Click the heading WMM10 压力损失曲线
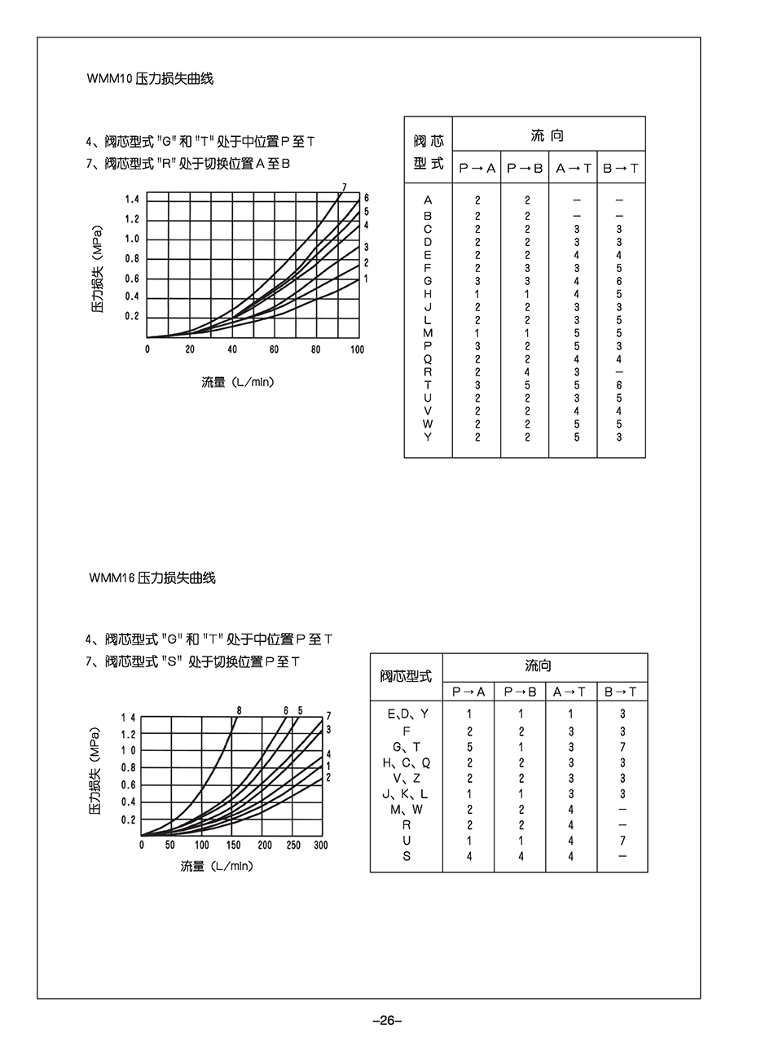pyautogui.click(x=150, y=79)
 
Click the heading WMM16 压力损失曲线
pyautogui.click(x=152, y=578)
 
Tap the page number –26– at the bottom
pyautogui.click(x=387, y=1021)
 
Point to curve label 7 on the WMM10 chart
pyautogui.click(x=345, y=187)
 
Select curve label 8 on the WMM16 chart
pyautogui.click(x=239, y=710)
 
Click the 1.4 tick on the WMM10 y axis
pyautogui.click(x=132, y=200)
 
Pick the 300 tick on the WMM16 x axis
pyautogui.click(x=320, y=846)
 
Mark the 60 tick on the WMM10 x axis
pyautogui.click(x=274, y=349)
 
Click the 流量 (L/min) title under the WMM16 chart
pyautogui.click(x=217, y=866)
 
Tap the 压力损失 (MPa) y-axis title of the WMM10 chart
pyautogui.click(x=98, y=268)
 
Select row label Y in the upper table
pyautogui.click(x=429, y=437)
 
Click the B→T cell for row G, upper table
pyautogui.click(x=619, y=281)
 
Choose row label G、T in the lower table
pyautogui.click(x=407, y=746)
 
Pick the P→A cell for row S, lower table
pyautogui.click(x=469, y=856)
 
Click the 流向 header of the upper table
pyautogui.click(x=548, y=135)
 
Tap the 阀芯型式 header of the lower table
pyautogui.click(x=407, y=676)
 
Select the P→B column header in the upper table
pyautogui.click(x=525, y=168)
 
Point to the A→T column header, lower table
pyautogui.click(x=570, y=692)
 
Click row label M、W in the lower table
pyautogui.click(x=407, y=809)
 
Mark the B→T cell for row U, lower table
pyautogui.click(x=622, y=841)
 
